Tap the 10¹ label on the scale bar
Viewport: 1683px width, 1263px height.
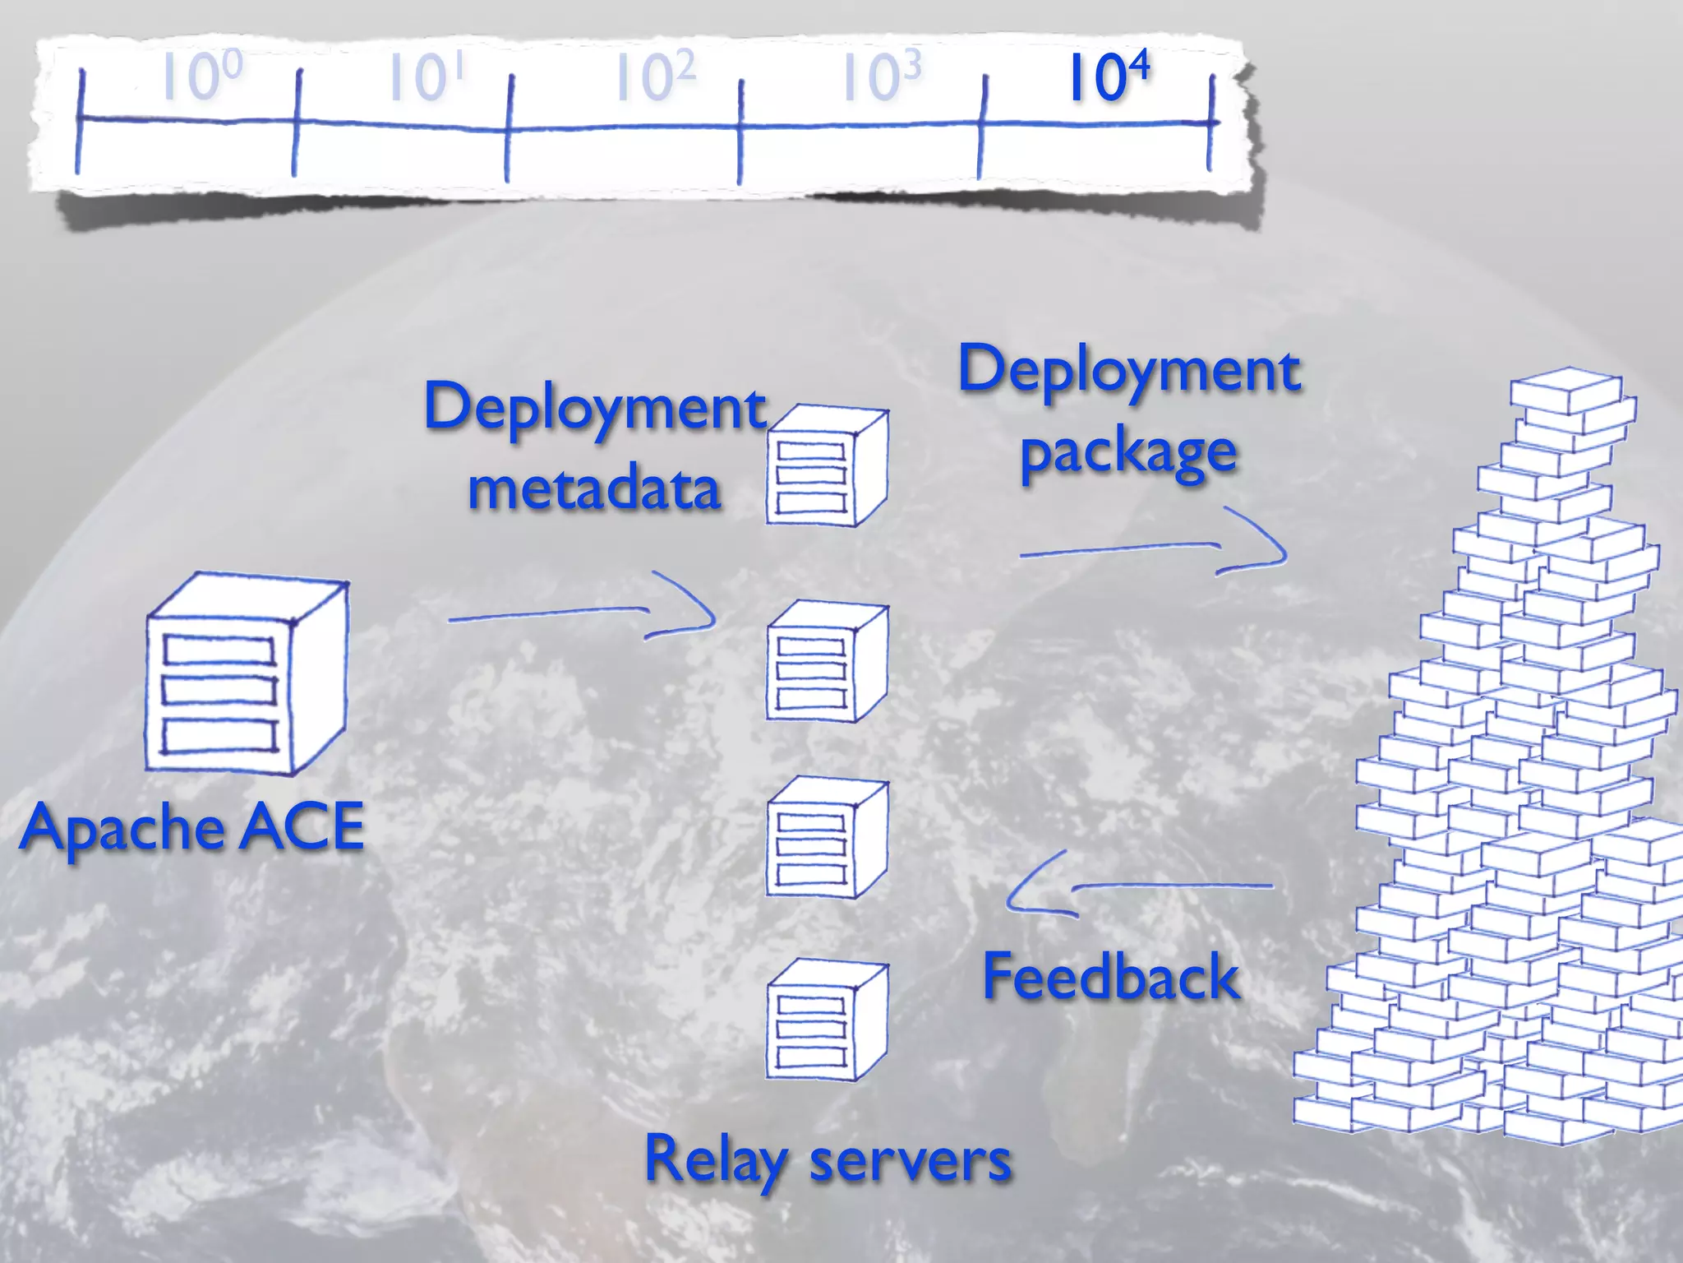tap(426, 77)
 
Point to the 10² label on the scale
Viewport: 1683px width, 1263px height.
tap(655, 77)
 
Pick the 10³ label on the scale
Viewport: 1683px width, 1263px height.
tap(880, 77)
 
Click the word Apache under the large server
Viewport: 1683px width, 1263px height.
tap(122, 828)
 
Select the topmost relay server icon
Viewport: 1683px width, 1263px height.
tap(826, 465)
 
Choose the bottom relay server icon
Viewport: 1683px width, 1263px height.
tap(826, 1020)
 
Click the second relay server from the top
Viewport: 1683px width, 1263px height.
tap(826, 662)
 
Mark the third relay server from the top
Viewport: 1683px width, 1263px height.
tap(826, 839)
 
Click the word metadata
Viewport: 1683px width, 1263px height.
tap(594, 488)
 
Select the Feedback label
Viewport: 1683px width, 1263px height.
tap(1110, 977)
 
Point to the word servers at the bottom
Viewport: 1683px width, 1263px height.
tap(911, 1161)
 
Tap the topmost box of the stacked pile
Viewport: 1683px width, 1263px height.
tap(1565, 391)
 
